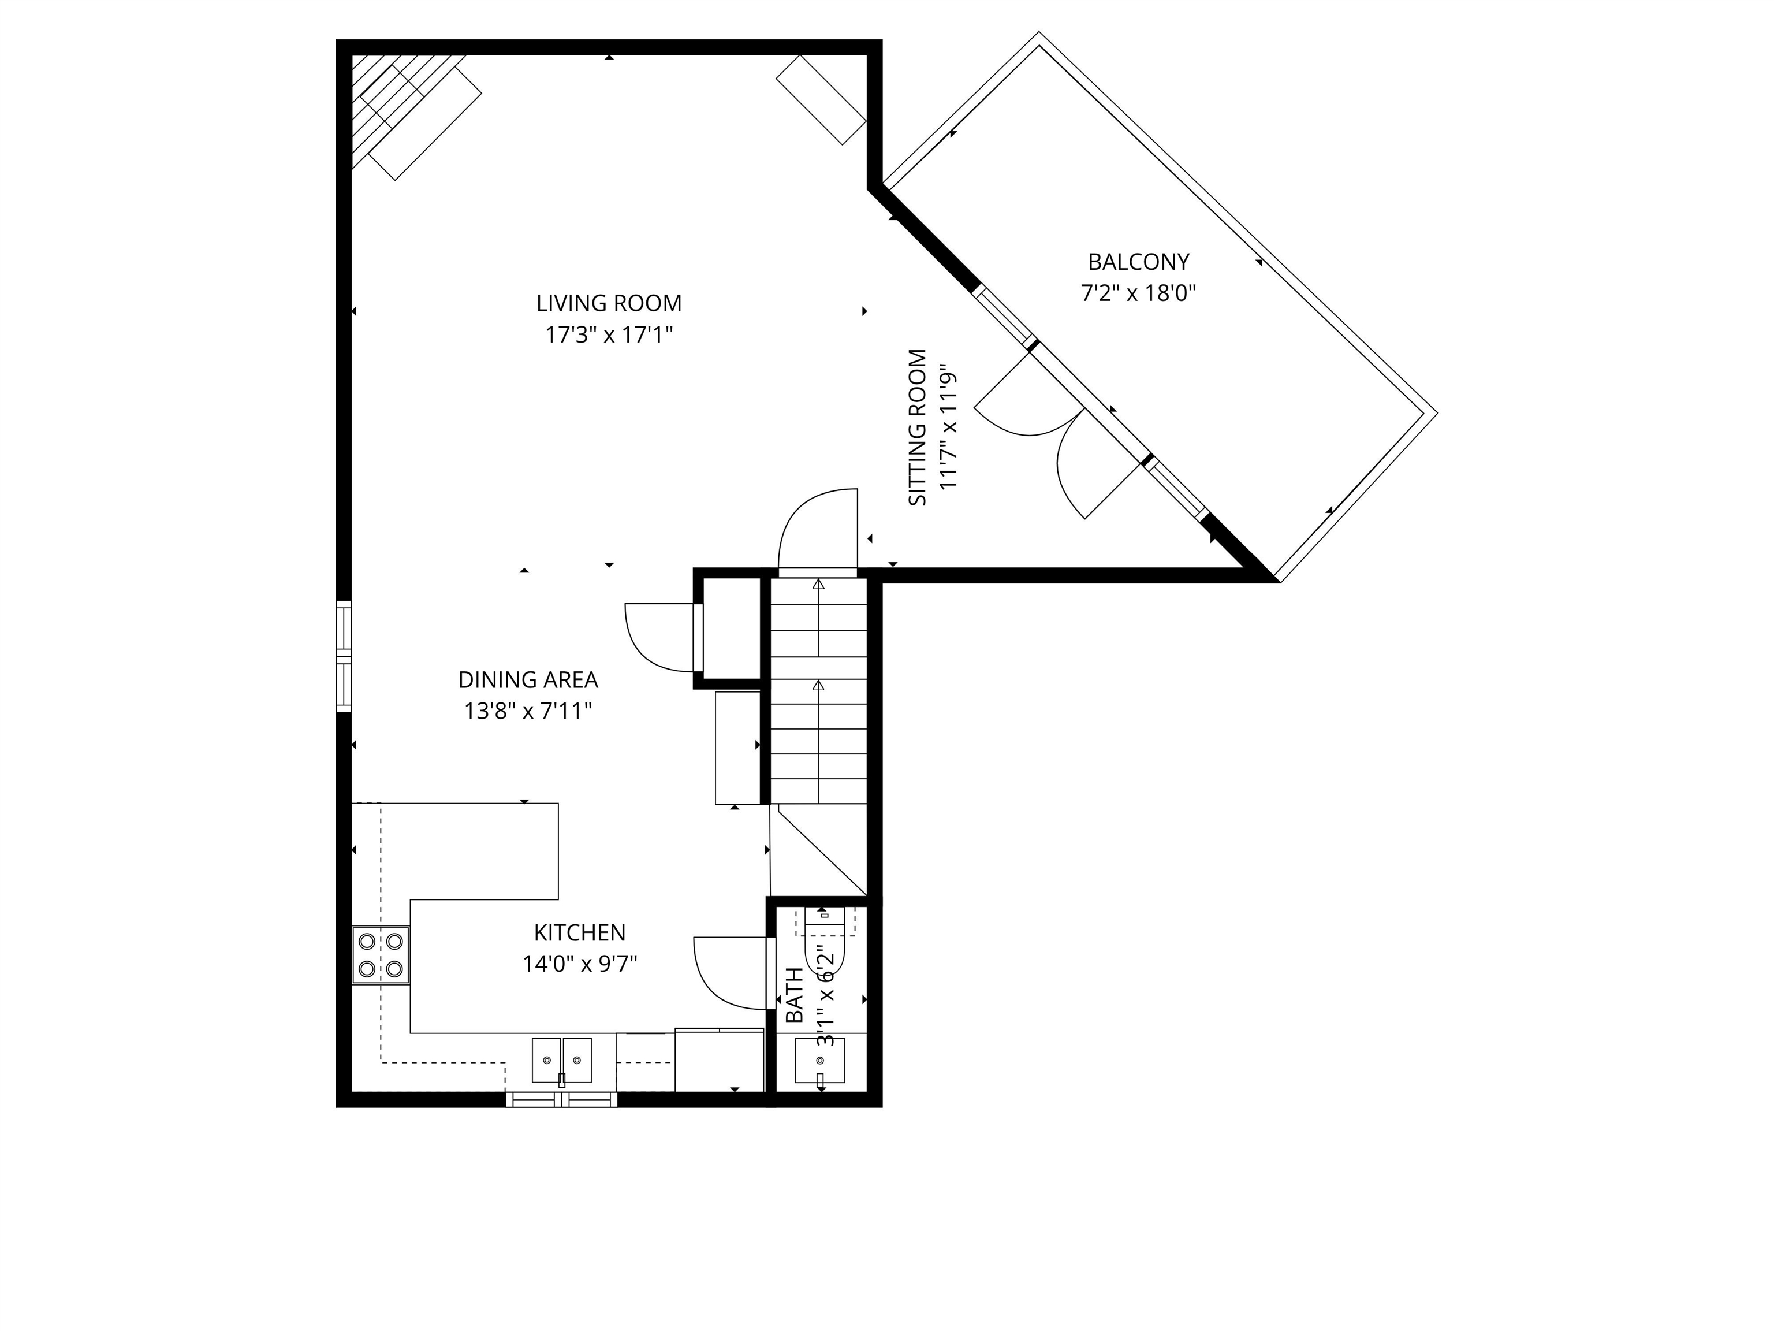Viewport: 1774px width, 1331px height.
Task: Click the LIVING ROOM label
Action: pyautogui.click(x=609, y=303)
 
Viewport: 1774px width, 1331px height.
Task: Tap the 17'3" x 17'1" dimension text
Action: pyautogui.click(x=609, y=334)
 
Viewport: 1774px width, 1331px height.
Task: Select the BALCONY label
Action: pyautogui.click(x=1138, y=262)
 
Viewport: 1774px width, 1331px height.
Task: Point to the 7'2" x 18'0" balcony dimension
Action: pyautogui.click(x=1138, y=293)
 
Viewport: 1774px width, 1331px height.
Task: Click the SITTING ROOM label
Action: pyautogui.click(x=918, y=427)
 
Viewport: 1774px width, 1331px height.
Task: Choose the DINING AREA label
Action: pyautogui.click(x=528, y=679)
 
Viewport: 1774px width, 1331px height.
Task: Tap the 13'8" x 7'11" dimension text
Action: pyautogui.click(x=528, y=711)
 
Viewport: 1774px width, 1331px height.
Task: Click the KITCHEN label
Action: pyautogui.click(x=580, y=932)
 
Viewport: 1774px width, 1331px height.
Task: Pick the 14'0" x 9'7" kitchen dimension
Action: pyautogui.click(x=580, y=964)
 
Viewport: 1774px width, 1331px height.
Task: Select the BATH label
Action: pyautogui.click(x=794, y=995)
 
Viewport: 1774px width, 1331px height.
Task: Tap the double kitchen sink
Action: pyautogui.click(x=561, y=1060)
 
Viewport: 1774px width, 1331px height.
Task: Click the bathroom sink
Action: pyautogui.click(x=819, y=1060)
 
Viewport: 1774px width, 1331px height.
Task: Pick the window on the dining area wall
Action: pyautogui.click(x=343, y=656)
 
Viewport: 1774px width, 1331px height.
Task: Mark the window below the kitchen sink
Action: pyautogui.click(x=561, y=1099)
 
